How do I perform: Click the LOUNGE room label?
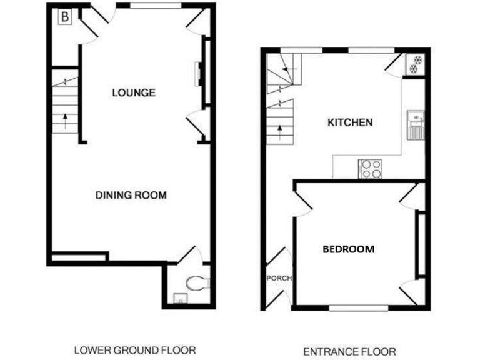coord(133,93)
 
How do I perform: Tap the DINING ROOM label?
coord(131,195)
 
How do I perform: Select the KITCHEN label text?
coord(350,122)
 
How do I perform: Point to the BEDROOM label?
coord(348,249)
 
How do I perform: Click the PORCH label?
coord(279,279)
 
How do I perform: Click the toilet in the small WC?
coord(198,282)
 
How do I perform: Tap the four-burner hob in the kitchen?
coord(371,168)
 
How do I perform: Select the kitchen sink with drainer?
coord(415,124)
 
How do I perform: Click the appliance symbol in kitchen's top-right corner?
coord(415,64)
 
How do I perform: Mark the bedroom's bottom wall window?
coord(357,307)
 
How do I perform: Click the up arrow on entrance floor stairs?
coord(279,131)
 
